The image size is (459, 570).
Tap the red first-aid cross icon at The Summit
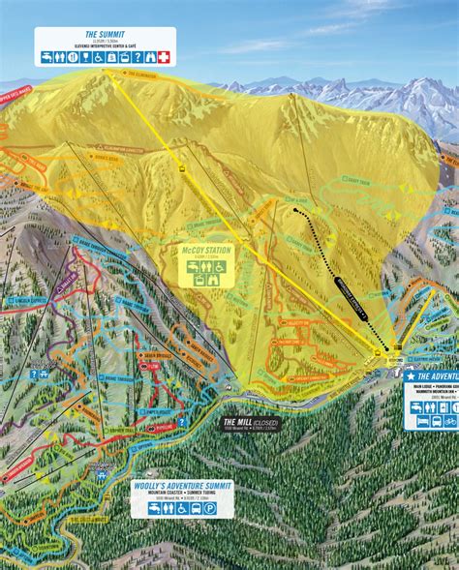point(163,57)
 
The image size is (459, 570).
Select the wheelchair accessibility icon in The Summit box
point(98,57)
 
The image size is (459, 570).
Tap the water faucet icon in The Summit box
point(46,57)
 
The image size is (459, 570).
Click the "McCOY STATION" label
point(205,252)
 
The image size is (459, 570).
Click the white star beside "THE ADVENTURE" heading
point(411,375)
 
